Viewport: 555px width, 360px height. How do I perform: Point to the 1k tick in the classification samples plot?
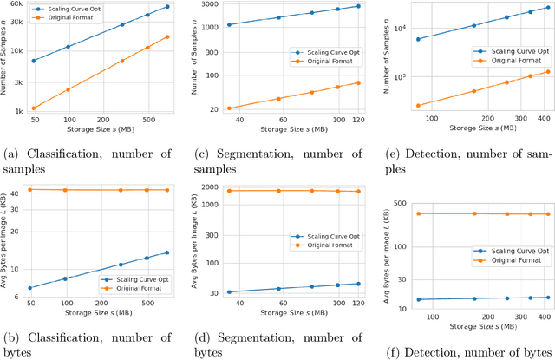(16, 110)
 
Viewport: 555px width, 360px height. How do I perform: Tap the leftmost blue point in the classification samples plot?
(34, 61)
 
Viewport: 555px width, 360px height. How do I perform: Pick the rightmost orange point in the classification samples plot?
(167, 36)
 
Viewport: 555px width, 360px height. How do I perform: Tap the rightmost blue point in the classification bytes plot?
(166, 252)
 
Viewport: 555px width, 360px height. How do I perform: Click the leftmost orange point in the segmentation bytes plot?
(228, 191)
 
